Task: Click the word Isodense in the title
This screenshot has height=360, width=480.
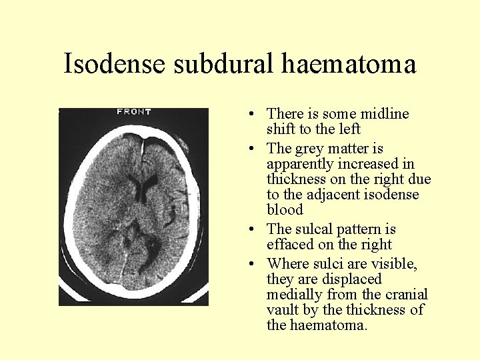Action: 115,64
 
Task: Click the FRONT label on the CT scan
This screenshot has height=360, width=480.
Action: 134,111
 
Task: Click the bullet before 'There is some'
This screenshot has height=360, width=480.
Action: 247,115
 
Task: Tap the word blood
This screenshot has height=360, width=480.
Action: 285,210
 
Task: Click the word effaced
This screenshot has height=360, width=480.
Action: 289,245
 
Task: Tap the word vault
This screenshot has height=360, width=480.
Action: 283,310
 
